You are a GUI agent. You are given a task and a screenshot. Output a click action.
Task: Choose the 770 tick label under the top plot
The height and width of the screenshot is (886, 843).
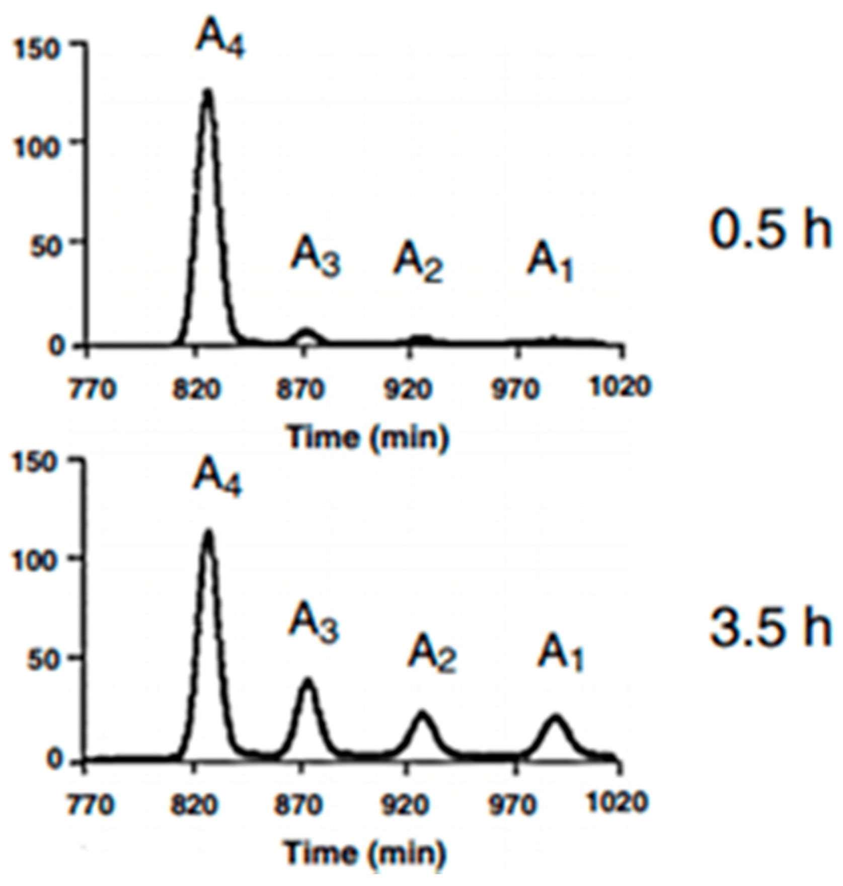pyautogui.click(x=92, y=389)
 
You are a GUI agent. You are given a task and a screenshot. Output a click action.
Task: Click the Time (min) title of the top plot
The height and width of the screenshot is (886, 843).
pyautogui.click(x=367, y=437)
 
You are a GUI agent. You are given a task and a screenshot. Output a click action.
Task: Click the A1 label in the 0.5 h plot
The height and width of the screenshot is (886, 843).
pyautogui.click(x=550, y=264)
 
